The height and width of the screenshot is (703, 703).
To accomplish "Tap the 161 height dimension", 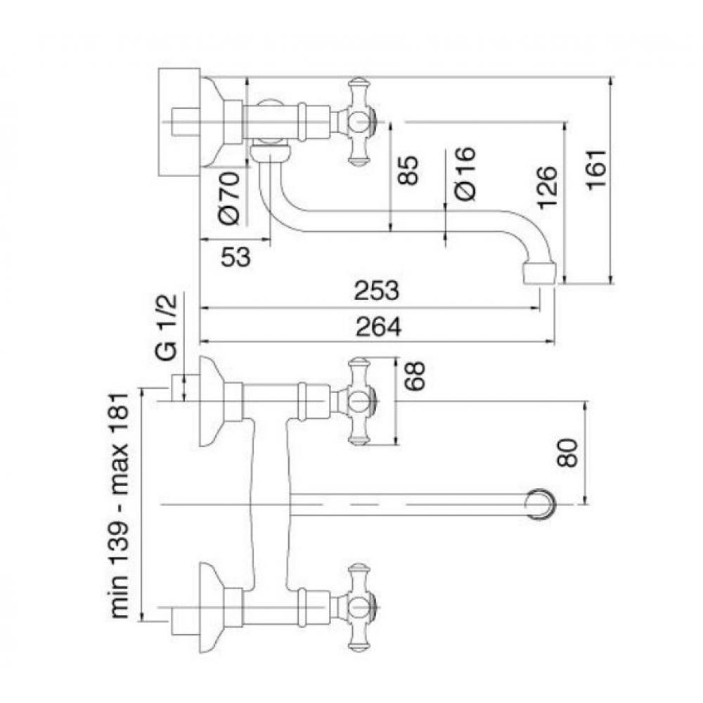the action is (x=597, y=170).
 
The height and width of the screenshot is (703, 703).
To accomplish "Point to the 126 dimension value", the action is (x=547, y=187).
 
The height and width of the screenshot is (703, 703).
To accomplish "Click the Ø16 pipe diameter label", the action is (x=465, y=173).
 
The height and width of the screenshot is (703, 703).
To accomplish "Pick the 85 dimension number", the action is (x=408, y=170).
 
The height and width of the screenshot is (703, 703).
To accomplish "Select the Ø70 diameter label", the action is (x=230, y=198).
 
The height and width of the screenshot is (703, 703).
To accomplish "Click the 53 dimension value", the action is (x=236, y=257).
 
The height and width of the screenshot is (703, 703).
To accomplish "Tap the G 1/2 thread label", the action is (x=167, y=327).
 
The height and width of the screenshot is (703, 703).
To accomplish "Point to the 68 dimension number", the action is (x=414, y=375).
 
